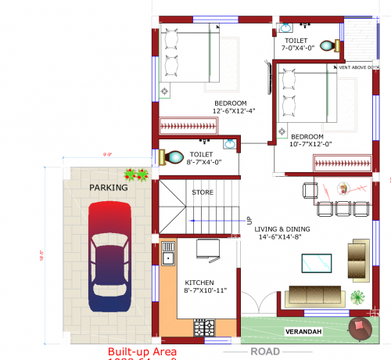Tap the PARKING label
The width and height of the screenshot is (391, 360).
pos(108,188)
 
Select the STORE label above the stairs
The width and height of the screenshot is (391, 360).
pos(203,192)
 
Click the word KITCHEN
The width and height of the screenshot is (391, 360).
pos(198,283)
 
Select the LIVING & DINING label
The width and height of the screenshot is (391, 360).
pos(285,229)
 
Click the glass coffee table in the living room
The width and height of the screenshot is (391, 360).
pos(317,264)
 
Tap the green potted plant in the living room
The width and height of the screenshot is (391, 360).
pos(357,298)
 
